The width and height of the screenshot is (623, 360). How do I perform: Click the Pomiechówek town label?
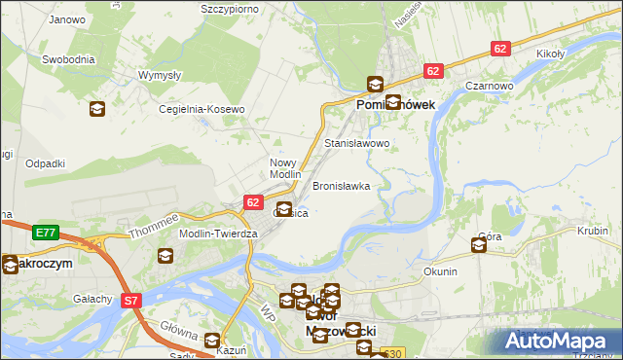coord(395,105)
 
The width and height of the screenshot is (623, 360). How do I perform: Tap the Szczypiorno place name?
coord(234,9)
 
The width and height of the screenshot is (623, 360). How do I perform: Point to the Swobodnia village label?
coord(68,59)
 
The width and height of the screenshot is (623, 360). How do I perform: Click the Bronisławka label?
coord(341,185)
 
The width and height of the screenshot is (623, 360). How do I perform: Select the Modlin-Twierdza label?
coord(217,234)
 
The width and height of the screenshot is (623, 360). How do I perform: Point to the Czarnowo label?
coord(489,86)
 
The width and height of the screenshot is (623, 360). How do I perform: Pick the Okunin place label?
coord(440,271)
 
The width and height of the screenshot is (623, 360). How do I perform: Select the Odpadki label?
coord(45,162)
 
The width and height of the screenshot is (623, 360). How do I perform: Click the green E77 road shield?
coord(44,233)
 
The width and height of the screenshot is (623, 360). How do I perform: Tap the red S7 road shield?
coord(131,302)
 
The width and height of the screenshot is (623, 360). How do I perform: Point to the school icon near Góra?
coord(479,246)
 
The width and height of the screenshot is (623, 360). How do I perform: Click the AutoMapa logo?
coord(558,341)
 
